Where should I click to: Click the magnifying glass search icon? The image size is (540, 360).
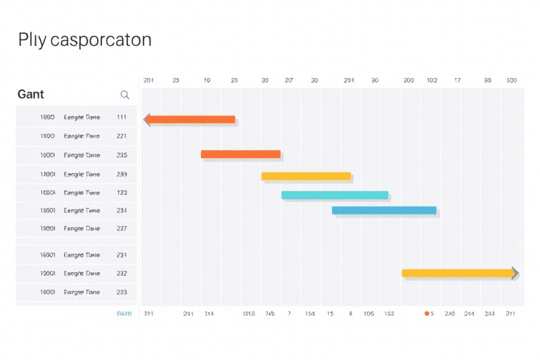pos(125,95)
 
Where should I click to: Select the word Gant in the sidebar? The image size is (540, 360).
pos(31,94)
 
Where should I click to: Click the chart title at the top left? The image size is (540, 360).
pos(84,39)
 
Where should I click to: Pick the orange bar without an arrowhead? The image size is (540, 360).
pos(240,154)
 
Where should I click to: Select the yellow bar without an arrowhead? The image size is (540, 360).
pos(306,176)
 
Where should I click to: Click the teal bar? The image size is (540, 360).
pos(335,195)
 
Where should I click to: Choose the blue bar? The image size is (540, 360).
pos(384,210)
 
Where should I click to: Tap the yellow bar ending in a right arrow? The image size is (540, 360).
pos(457,273)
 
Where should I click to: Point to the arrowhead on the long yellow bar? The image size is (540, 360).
pos(515,273)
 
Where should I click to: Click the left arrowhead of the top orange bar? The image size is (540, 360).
pos(147,120)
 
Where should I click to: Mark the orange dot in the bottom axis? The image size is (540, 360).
pos(427,314)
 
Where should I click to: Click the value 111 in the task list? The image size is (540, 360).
pos(122,117)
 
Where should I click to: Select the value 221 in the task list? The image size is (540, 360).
pos(122,136)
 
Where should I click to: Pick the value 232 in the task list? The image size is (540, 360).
pos(122,274)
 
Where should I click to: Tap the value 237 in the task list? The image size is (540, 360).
pos(122,229)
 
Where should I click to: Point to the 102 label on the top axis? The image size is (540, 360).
pos(432,81)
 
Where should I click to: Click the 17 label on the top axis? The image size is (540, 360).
pos(457,81)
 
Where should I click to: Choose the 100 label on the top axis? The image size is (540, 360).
pos(511,81)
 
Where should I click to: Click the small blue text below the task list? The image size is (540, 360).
pos(124,314)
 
